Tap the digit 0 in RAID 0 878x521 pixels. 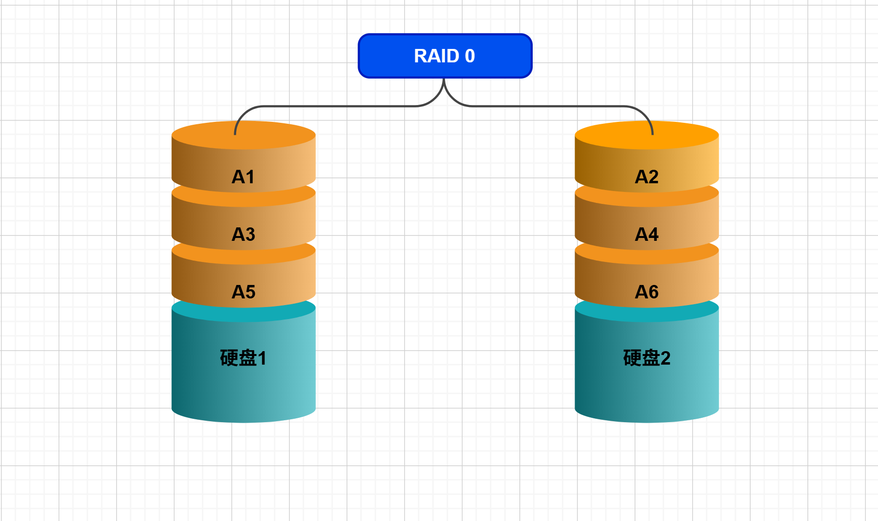click(470, 56)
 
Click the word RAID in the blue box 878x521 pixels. click(436, 56)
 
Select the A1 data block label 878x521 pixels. click(243, 177)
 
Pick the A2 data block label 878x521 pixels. click(647, 177)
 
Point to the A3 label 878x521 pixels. click(243, 235)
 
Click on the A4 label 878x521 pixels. click(647, 235)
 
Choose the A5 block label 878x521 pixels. click(243, 292)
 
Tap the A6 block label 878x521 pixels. click(647, 292)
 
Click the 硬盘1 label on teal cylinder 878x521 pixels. click(243, 358)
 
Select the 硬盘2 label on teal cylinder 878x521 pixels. click(646, 358)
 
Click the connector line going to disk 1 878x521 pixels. click(336, 106)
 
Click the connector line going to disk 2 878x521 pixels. click(552, 106)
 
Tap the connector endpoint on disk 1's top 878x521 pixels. click(235, 134)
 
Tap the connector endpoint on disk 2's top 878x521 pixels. click(653, 134)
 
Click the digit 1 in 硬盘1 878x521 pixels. click(262, 358)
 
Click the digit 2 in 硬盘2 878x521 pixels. click(665, 358)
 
